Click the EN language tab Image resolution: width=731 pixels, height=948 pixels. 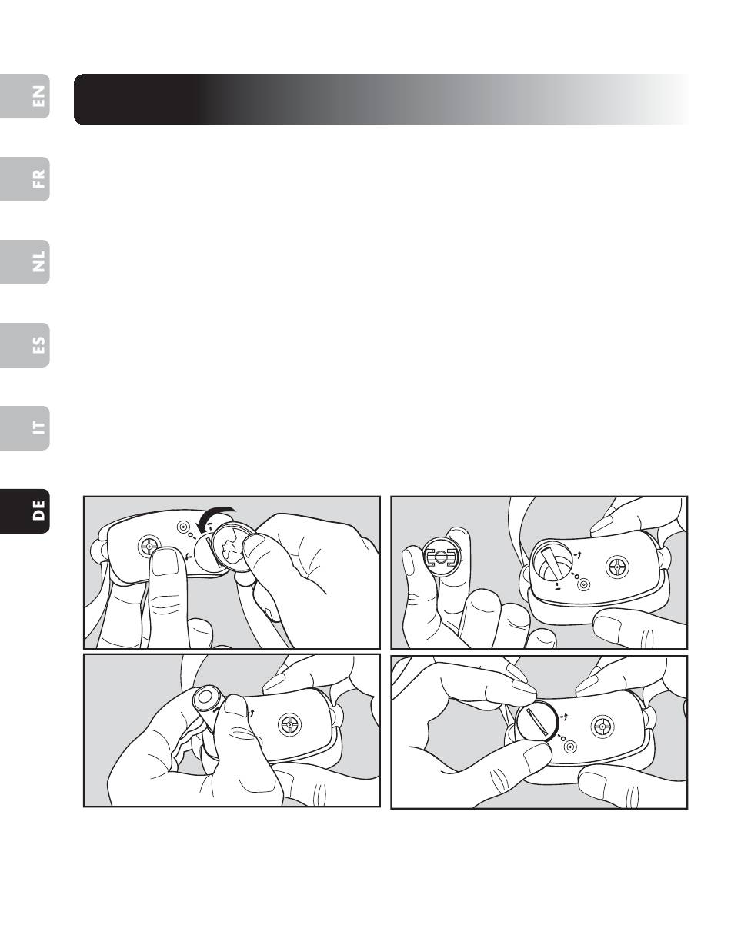pos(25,96)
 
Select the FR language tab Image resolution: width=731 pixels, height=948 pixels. pos(25,179)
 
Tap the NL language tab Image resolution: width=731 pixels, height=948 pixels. pos(25,261)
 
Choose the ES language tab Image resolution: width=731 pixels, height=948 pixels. pos(25,345)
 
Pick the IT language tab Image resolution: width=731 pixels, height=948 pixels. pos(25,428)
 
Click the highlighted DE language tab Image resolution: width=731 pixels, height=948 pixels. pos(25,511)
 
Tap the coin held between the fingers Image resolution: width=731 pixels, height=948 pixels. pos(232,547)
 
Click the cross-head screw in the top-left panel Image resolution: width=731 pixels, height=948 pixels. pos(149,545)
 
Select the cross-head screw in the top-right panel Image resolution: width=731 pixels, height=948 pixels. pos(618,567)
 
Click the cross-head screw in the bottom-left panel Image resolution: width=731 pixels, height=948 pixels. pos(289,724)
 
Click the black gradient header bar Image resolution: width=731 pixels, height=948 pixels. pos(382,99)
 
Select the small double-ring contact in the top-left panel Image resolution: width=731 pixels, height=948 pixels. pos(183,527)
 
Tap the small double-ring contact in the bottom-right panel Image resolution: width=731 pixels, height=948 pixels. pos(569,747)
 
